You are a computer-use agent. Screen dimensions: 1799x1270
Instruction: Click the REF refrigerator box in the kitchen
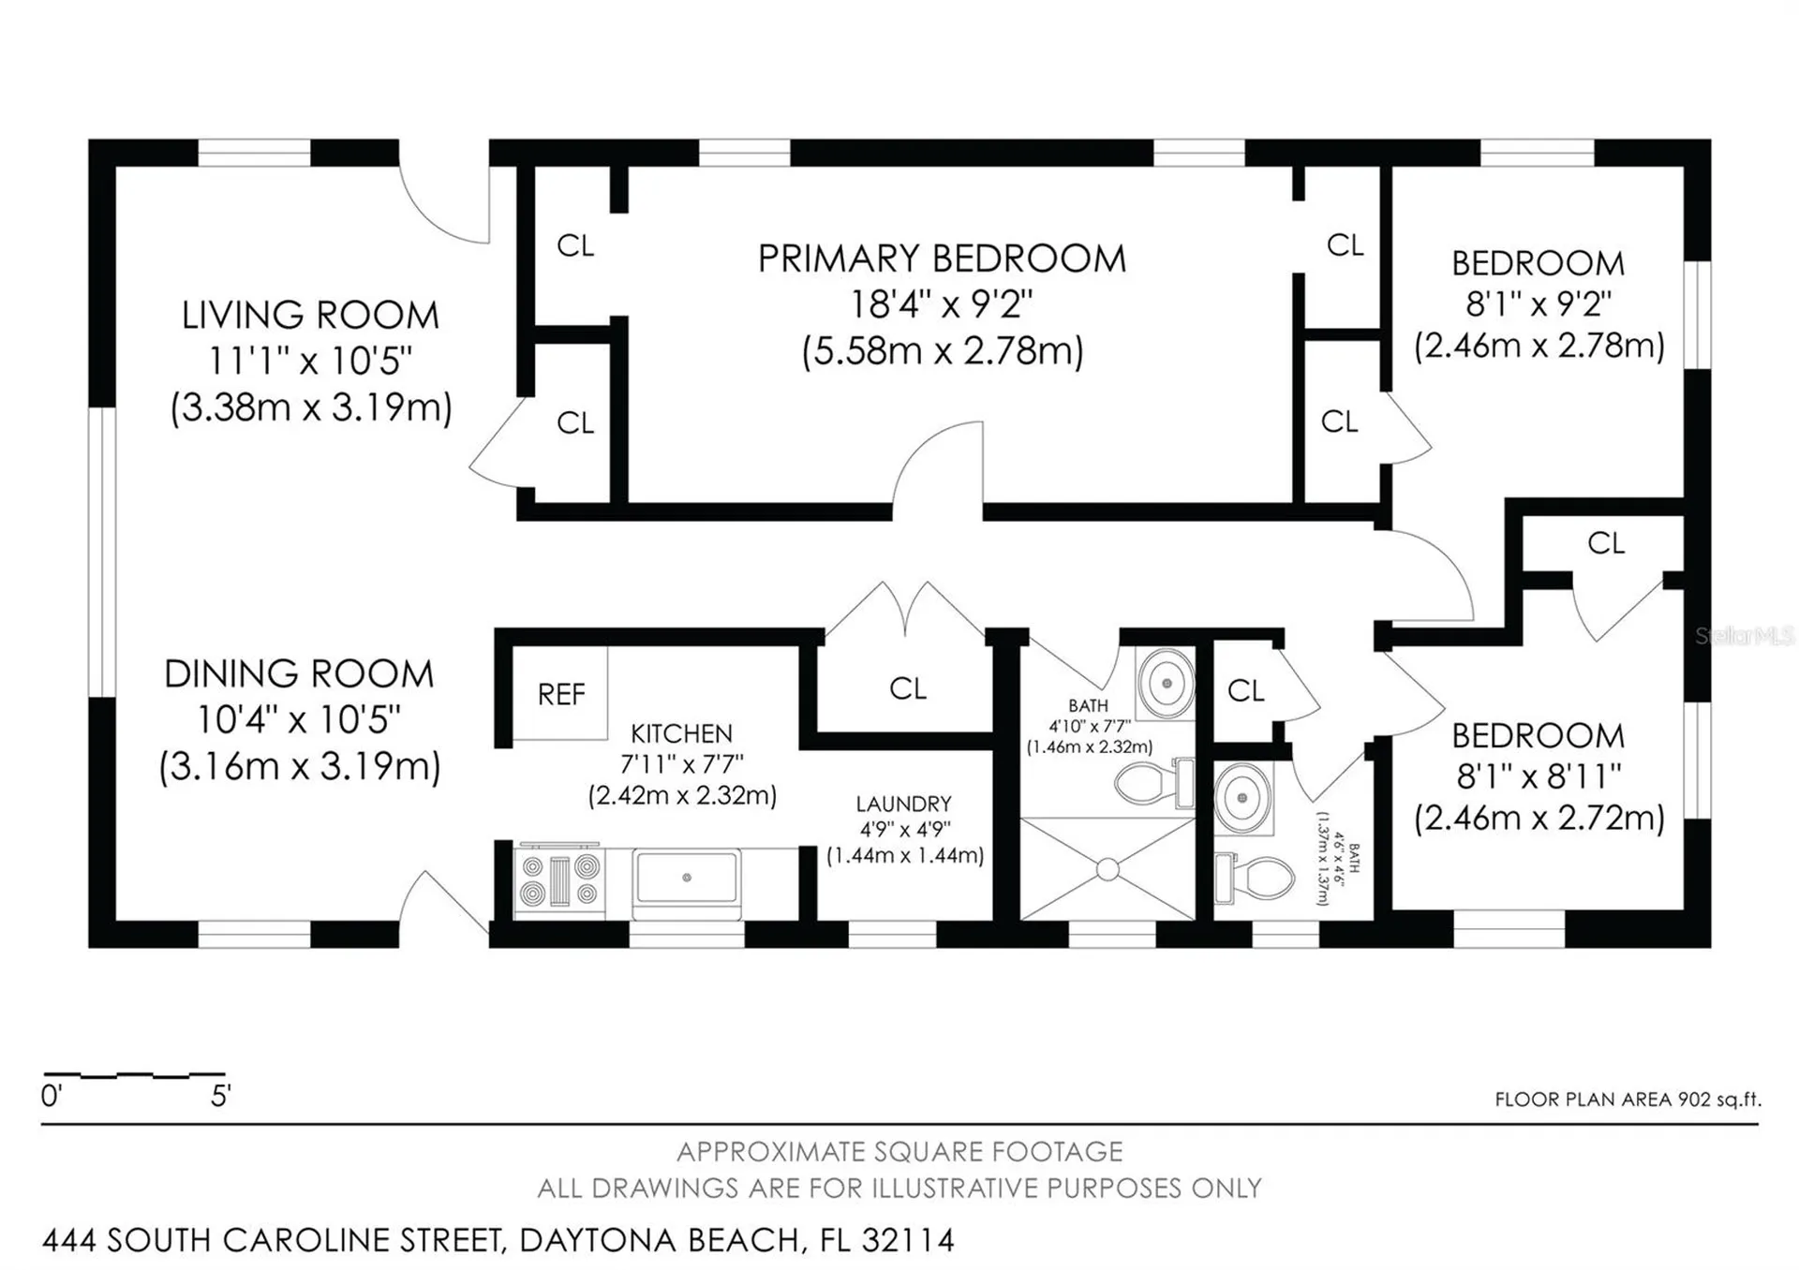pyautogui.click(x=560, y=693)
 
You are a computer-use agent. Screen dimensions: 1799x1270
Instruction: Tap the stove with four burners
pyautogui.click(x=559, y=880)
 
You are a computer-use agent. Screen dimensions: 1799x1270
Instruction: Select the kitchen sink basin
pyautogui.click(x=687, y=879)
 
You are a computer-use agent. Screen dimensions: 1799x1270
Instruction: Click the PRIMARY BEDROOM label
pyautogui.click(x=942, y=258)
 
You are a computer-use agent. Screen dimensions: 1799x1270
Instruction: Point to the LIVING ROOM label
pyautogui.click(x=310, y=316)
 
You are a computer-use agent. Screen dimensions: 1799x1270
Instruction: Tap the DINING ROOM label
pyautogui.click(x=299, y=674)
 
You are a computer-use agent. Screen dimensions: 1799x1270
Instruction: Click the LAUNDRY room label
pyautogui.click(x=903, y=804)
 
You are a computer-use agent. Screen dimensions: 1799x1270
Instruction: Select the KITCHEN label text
pyautogui.click(x=681, y=733)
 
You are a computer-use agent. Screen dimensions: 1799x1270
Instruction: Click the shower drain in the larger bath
pyautogui.click(x=1108, y=870)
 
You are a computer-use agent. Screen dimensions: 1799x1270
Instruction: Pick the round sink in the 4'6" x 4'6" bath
pyautogui.click(x=1242, y=797)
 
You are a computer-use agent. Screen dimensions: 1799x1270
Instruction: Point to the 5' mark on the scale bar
pyautogui.click(x=220, y=1096)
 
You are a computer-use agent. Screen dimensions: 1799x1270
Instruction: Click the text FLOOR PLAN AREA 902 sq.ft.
pyautogui.click(x=1628, y=1100)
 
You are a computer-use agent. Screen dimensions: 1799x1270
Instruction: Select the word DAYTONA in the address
pyautogui.click(x=599, y=1240)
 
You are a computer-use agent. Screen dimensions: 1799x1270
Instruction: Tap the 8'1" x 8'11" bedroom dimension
pyautogui.click(x=1539, y=776)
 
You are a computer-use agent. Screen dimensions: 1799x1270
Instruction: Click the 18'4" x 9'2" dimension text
pyautogui.click(x=942, y=304)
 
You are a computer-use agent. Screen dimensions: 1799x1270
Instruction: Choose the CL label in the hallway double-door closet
pyautogui.click(x=907, y=689)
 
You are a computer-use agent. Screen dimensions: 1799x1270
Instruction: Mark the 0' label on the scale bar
pyautogui.click(x=51, y=1096)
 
